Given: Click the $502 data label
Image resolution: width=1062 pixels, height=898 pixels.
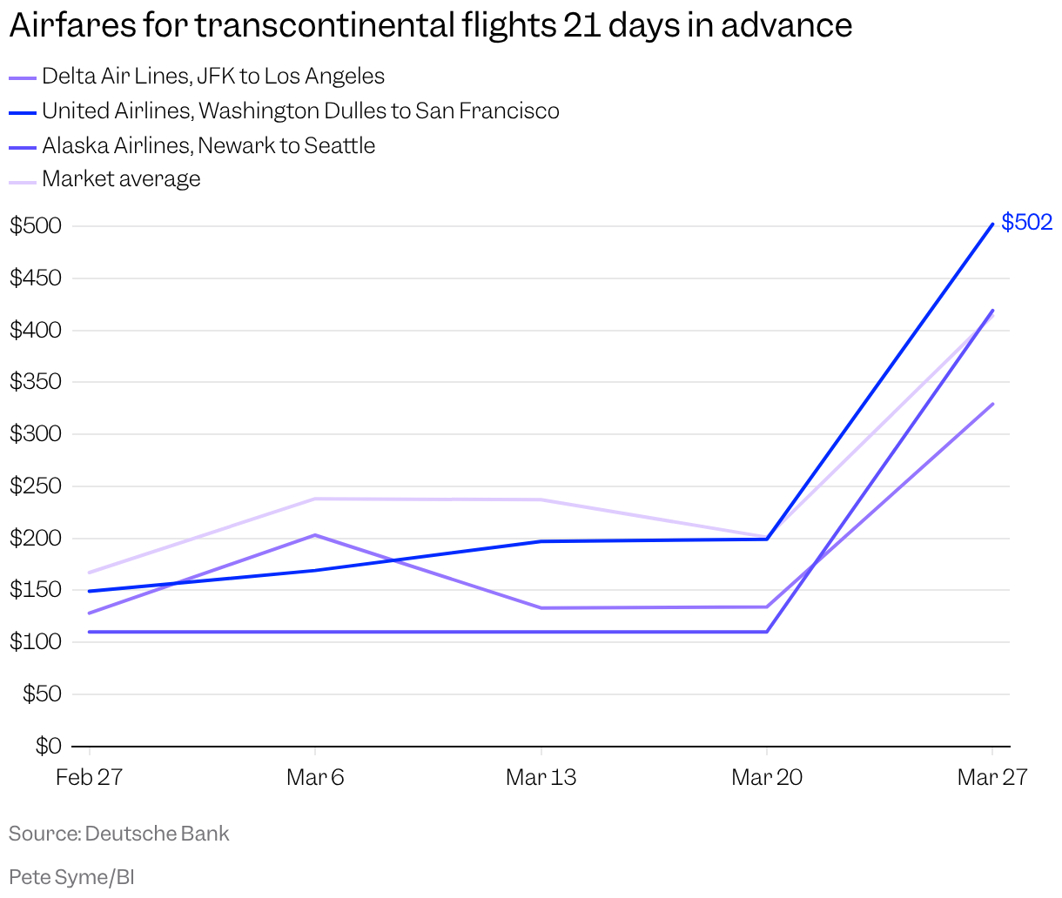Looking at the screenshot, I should point(1026,222).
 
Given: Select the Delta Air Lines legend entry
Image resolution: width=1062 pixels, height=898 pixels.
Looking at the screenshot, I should point(212,77).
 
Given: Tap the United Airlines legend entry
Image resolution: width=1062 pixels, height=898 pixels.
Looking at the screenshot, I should point(299,111).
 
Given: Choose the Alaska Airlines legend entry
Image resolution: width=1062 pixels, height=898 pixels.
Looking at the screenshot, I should point(208,145).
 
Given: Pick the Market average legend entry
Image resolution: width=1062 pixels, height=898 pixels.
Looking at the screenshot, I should point(121,179).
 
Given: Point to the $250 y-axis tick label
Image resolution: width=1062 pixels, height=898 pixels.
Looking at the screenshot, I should point(36,486).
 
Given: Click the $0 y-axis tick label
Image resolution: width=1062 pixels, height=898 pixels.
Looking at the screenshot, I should point(48,746).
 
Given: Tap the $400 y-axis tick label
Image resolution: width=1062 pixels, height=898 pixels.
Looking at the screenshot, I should point(36,331).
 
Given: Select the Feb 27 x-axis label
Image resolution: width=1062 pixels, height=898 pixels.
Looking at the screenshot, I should point(89,777).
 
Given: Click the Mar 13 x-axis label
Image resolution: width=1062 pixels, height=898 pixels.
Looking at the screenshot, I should point(541,777).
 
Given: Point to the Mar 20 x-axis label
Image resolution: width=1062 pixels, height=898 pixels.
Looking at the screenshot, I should point(767,777).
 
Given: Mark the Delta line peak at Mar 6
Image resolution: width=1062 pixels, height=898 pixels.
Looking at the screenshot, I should point(314,535).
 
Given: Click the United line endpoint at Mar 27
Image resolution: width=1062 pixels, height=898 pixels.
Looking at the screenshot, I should point(992,224).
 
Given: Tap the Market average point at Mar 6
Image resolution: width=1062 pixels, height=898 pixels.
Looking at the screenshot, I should point(314,499).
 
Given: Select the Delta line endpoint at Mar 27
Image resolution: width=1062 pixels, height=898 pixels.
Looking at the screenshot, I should point(992,404).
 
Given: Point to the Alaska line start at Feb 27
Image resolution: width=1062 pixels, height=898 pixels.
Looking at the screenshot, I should point(89,632).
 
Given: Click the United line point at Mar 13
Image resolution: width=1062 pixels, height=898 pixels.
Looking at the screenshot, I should point(541,541).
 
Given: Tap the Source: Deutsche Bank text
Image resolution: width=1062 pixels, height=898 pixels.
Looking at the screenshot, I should point(119,834).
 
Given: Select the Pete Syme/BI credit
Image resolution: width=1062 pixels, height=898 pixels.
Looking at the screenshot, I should point(71,876).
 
